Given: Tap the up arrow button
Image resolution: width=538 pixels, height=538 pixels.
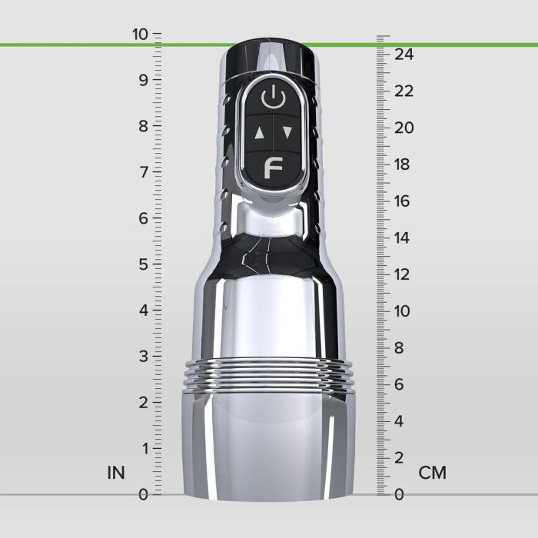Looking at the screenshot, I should (259, 132).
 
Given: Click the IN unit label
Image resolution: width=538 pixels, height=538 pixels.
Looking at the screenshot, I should (116, 473).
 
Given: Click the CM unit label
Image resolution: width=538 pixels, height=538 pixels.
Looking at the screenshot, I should (432, 473).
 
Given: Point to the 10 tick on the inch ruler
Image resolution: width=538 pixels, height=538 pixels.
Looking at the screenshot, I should (157, 34).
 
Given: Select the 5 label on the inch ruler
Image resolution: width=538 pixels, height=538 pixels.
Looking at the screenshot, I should (143, 264).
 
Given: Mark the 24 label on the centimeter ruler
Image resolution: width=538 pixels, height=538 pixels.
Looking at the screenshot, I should (404, 54).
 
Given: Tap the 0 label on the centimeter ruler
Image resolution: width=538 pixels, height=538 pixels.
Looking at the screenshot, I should (398, 494).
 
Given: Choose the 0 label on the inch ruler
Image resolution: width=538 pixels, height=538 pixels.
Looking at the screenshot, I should (143, 494).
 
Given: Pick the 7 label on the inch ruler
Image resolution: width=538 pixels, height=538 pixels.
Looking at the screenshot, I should (143, 171).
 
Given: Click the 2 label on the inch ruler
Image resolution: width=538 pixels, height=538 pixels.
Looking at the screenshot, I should (143, 402).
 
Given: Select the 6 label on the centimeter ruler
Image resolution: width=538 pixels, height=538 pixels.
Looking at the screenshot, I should (399, 384).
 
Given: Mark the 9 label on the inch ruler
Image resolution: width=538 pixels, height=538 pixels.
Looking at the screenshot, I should (143, 80).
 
